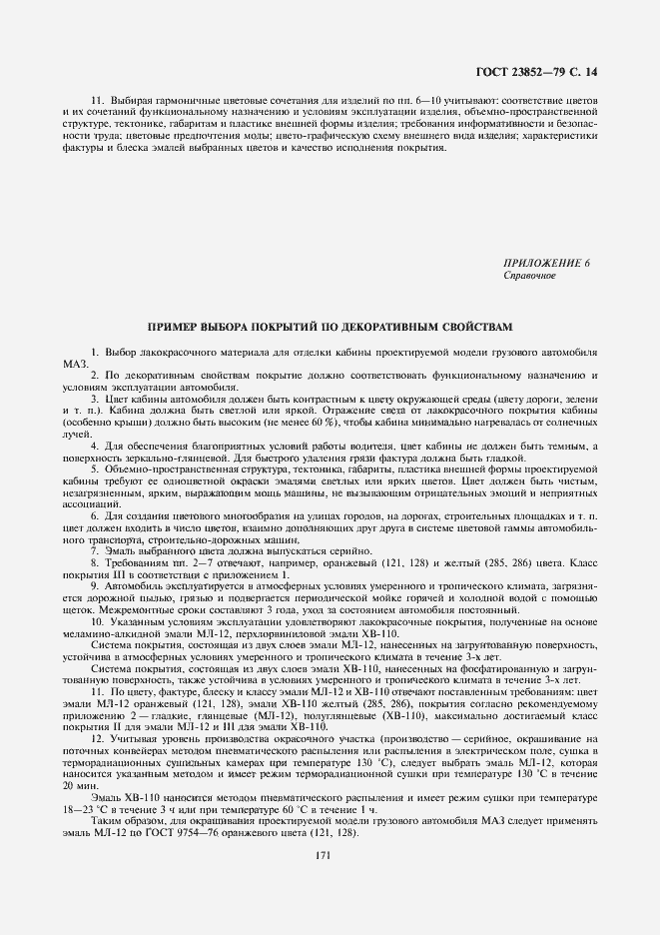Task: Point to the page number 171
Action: [323, 855]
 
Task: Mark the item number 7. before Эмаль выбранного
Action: [95, 550]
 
